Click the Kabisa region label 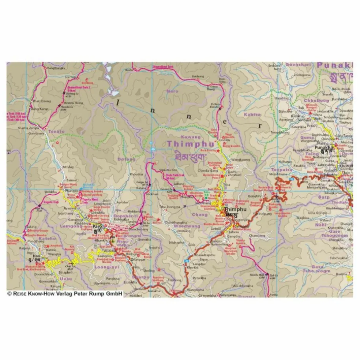(x=252, y=114)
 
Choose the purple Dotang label (x=126, y=159)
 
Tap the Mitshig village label (x=68, y=167)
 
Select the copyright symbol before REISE (x=10, y=293)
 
